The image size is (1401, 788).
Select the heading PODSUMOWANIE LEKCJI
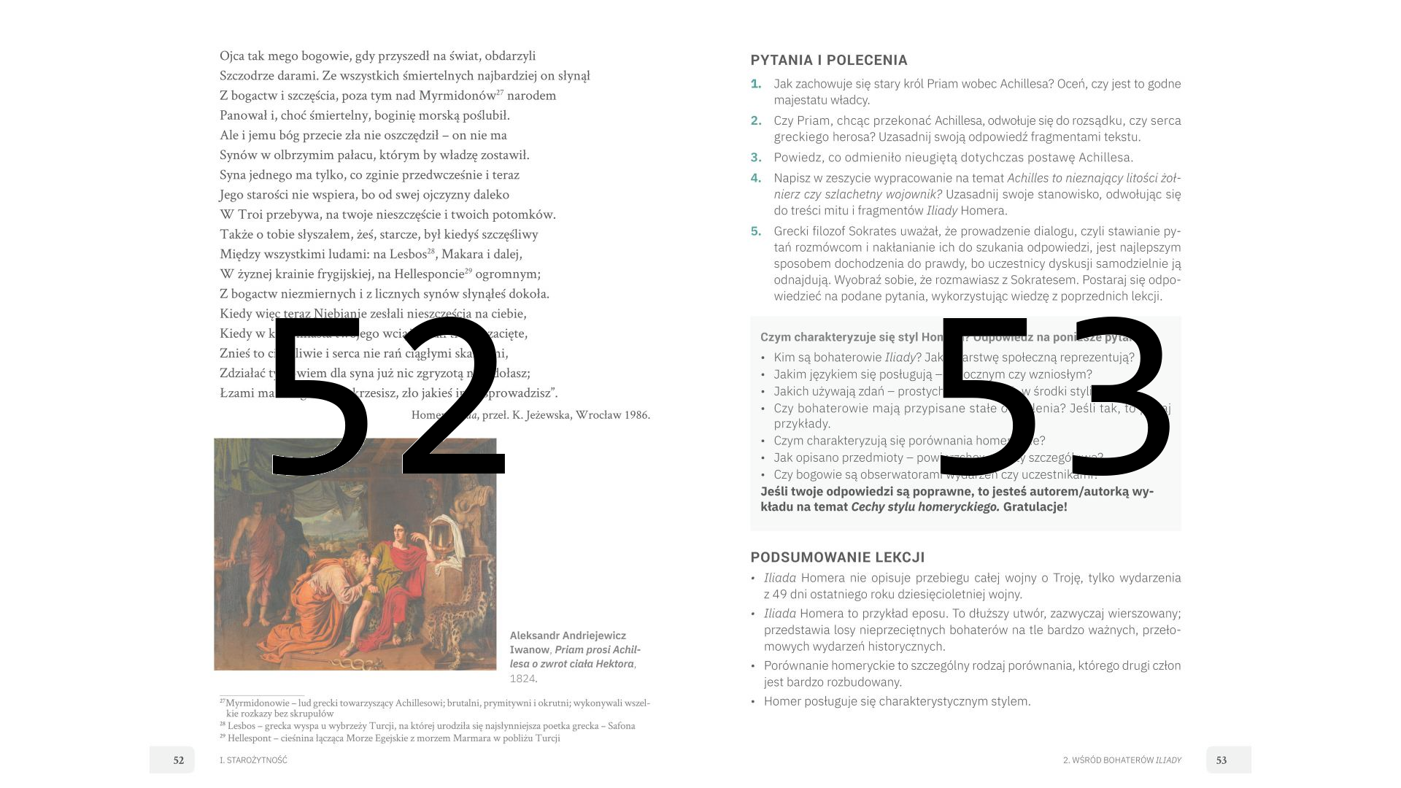click(837, 557)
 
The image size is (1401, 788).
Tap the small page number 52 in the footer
click(179, 760)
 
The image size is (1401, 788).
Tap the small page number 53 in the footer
click(1221, 760)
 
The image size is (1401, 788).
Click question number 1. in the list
click(756, 84)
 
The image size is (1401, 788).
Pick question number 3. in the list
click(756, 158)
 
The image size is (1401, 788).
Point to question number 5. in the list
click(756, 231)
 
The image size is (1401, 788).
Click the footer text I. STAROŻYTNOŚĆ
click(253, 760)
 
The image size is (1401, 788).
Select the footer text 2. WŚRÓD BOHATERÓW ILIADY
click(1122, 760)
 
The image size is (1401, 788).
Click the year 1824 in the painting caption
click(522, 679)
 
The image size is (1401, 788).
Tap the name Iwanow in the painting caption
click(529, 650)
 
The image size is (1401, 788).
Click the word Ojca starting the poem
click(231, 56)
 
